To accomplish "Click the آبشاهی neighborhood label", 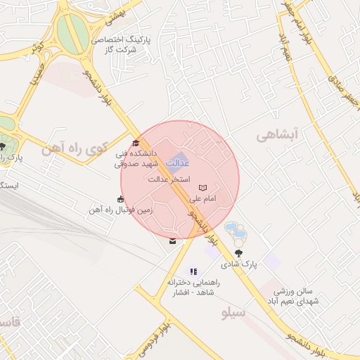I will click(278, 134).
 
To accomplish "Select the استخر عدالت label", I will click(169, 180).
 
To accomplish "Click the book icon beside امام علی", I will click(202, 188).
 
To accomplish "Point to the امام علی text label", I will click(202, 199).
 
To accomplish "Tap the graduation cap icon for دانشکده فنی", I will click(136, 143).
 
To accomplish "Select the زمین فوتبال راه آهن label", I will click(116, 210).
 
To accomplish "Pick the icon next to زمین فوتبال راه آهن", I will click(121, 198).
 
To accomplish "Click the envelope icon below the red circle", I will click(173, 242).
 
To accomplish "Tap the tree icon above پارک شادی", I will click(239, 253).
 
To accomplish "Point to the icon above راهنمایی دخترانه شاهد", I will click(193, 271).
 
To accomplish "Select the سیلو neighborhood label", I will click(232, 312).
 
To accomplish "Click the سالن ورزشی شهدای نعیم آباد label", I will click(297, 295).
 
